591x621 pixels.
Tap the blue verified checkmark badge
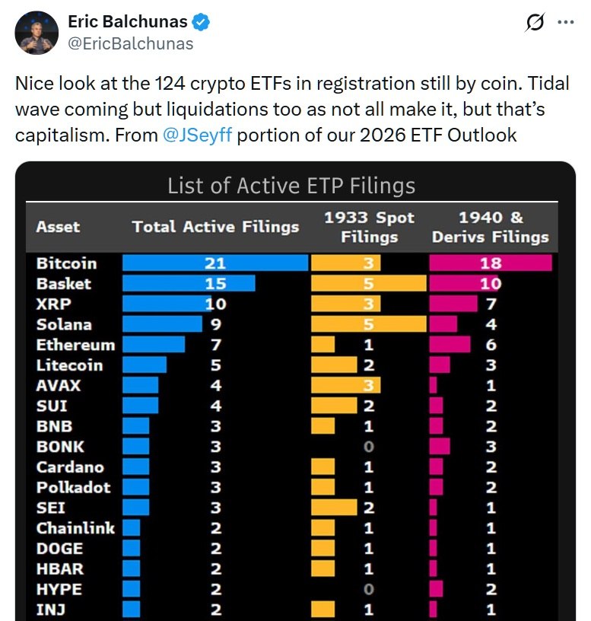coord(200,22)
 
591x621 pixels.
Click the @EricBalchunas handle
coord(131,43)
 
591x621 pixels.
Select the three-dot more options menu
coord(565,23)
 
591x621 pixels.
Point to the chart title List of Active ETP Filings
coord(291,186)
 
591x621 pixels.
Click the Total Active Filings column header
coord(215,227)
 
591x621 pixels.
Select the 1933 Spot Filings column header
coord(369,227)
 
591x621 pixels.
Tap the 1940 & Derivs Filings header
coord(490,227)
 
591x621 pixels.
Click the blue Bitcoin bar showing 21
coord(214,263)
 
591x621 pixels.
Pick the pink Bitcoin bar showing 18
coord(490,263)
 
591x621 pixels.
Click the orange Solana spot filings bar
coord(369,324)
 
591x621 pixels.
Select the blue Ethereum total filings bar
coord(154,345)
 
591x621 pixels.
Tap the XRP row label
coord(52,304)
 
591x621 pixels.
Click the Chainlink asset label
coord(75,528)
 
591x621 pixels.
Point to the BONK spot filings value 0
coord(369,447)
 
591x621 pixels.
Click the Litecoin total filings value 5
coord(216,365)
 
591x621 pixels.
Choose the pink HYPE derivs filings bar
coord(436,589)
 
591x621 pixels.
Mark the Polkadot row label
coord(73,487)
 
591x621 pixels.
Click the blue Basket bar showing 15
coord(189,284)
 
